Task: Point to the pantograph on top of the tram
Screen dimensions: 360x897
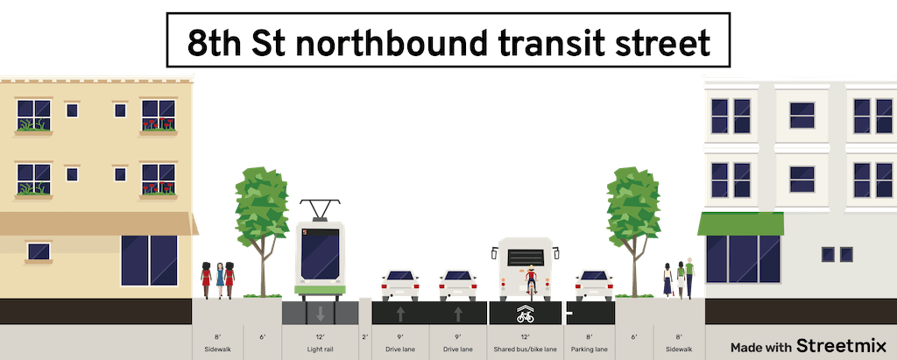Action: point(321,208)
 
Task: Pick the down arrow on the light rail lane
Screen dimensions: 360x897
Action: point(321,313)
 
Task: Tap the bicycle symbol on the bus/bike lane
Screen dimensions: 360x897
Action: point(526,314)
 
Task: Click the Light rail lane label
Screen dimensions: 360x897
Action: point(321,349)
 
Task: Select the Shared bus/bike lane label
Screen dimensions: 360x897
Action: point(526,349)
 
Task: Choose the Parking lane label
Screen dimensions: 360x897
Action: point(589,349)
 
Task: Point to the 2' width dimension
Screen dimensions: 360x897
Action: point(366,337)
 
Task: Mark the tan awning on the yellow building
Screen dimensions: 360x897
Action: point(96,224)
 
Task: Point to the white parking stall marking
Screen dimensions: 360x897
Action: point(569,313)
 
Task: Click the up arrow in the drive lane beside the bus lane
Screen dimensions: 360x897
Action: point(457,313)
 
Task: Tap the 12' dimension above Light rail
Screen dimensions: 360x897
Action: point(321,337)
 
